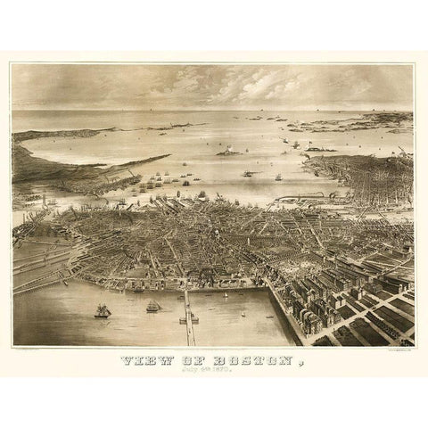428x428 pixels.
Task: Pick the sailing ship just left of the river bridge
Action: click(x=153, y=306)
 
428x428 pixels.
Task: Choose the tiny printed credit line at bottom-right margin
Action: click(x=392, y=350)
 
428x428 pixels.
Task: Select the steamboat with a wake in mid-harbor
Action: click(x=250, y=173)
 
